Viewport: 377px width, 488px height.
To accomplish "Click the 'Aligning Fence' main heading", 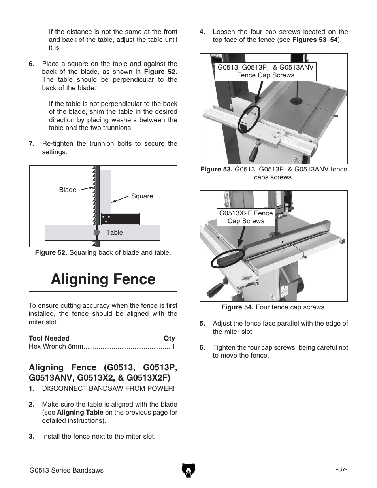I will (x=103, y=279).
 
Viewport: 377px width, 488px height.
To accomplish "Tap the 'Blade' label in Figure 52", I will (x=68, y=190).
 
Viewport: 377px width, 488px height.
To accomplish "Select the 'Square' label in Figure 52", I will (x=142, y=196).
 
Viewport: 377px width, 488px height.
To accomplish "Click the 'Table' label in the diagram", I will (x=114, y=232).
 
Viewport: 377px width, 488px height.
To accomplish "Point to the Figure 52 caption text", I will (x=103, y=252).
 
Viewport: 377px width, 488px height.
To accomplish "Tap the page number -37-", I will (x=341, y=469).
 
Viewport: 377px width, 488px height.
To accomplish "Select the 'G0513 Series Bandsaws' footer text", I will (x=66, y=470).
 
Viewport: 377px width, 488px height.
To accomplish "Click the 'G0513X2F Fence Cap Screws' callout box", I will (x=246, y=217).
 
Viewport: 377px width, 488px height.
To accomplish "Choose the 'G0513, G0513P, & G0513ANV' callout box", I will (x=266, y=71).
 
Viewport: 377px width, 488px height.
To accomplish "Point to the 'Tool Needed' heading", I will (x=49, y=338).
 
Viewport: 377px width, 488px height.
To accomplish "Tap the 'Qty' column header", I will (x=169, y=338).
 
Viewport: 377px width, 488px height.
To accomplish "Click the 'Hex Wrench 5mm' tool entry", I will (x=56, y=347).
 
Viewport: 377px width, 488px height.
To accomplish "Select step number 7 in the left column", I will (x=32, y=143).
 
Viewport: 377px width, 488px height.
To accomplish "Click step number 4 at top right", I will (x=202, y=32).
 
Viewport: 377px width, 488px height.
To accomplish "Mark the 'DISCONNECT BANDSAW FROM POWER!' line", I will (x=108, y=388).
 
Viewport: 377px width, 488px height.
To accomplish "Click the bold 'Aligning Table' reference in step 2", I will (x=80, y=412).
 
